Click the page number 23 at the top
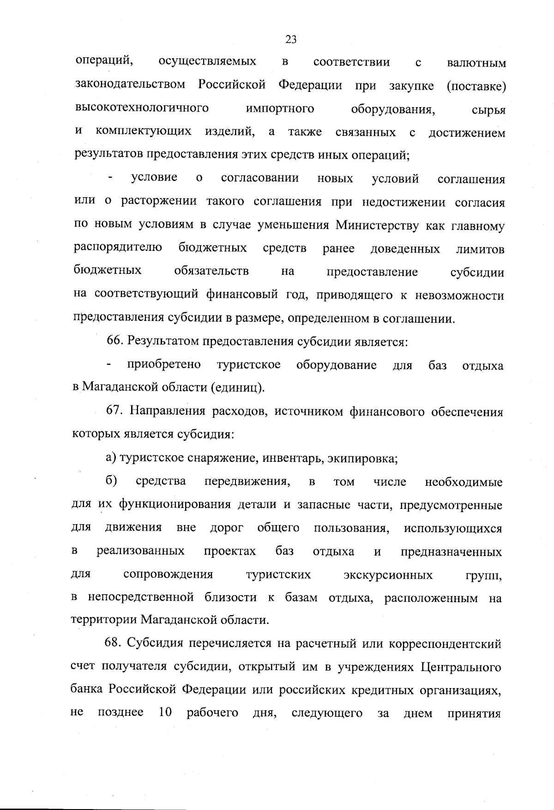pyautogui.click(x=291, y=39)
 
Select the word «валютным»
pyautogui.click(x=476, y=63)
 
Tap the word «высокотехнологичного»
pyautogui.click(x=142, y=109)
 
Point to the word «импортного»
pyautogui.click(x=280, y=109)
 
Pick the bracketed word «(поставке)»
pyautogui.click(x=476, y=86)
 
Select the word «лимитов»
pyautogui.click(x=480, y=249)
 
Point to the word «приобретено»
pyautogui.click(x=164, y=365)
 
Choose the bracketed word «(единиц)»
pyautogui.click(x=238, y=388)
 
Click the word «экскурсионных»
pyautogui.click(x=388, y=575)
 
